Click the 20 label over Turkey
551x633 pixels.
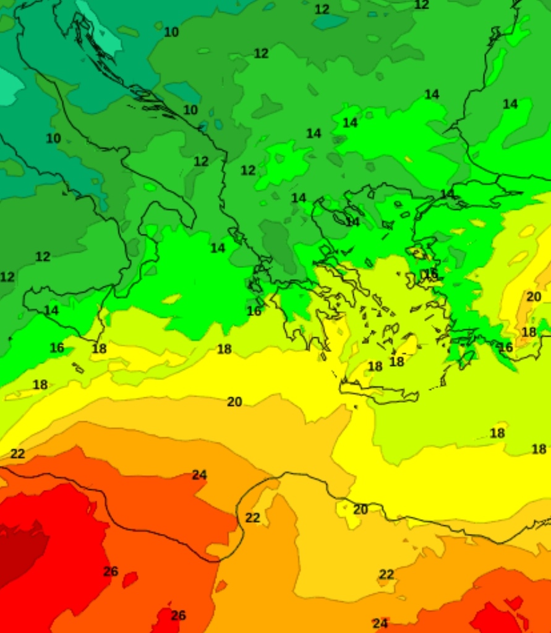(534, 296)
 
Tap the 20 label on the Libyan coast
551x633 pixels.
(361, 509)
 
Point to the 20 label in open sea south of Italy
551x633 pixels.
(234, 402)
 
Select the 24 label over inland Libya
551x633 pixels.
(380, 623)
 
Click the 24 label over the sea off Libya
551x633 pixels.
(199, 475)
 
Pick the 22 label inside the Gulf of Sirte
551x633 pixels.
(252, 517)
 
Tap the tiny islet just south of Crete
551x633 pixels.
(356, 407)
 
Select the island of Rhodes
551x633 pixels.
(467, 358)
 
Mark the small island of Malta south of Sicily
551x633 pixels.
(78, 368)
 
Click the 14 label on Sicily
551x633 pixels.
(51, 310)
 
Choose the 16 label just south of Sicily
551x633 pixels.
(57, 348)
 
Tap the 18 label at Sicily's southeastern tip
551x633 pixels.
(99, 348)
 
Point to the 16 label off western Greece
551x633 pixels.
(254, 311)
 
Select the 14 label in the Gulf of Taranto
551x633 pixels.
(218, 248)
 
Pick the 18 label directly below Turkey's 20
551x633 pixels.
(529, 332)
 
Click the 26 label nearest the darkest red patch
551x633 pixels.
(111, 571)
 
